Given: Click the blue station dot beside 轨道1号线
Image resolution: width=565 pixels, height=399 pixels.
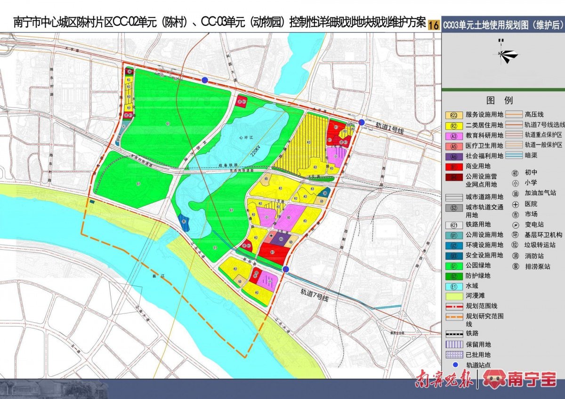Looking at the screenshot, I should point(361,122).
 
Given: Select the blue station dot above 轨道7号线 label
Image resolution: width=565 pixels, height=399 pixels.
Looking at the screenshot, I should point(286,269).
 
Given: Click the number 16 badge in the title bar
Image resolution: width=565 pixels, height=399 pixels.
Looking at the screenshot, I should point(434,24).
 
